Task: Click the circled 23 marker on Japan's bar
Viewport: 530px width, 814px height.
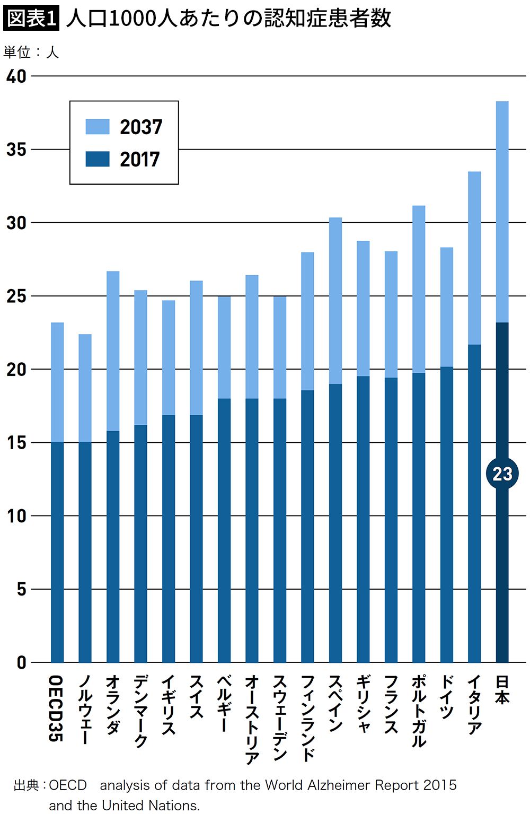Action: tap(502, 474)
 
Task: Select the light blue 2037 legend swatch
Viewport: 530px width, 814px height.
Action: tap(98, 127)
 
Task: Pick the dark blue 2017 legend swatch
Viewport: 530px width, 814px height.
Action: tap(98, 159)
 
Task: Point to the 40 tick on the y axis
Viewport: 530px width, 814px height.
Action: tap(16, 76)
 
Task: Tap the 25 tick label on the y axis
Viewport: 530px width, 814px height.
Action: tap(16, 296)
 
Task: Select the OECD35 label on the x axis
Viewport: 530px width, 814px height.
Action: tap(56, 708)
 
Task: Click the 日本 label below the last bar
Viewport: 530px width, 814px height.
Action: tap(502, 689)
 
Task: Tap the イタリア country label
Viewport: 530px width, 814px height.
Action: tap(474, 704)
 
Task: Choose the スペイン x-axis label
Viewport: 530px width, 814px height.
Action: tap(335, 703)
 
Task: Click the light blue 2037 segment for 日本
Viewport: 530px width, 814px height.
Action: tap(502, 212)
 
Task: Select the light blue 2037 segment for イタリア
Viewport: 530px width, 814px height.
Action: tap(474, 258)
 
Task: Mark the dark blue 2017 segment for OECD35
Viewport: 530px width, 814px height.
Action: tap(57, 552)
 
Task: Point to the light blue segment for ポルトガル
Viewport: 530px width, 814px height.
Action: tap(419, 289)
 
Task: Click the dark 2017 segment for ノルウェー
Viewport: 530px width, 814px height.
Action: tap(85, 552)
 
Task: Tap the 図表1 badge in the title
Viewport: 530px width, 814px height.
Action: tap(31, 19)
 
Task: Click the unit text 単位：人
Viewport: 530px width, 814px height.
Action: tap(31, 52)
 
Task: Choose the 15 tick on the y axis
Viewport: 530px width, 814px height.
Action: tap(16, 443)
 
